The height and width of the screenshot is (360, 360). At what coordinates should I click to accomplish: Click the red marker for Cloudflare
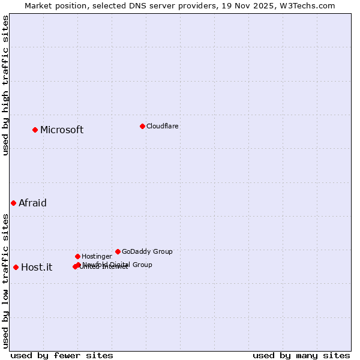142,126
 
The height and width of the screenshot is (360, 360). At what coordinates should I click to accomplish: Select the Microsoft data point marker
35,130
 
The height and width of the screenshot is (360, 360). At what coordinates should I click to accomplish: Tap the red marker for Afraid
13,203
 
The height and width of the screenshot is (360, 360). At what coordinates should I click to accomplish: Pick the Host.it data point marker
16,267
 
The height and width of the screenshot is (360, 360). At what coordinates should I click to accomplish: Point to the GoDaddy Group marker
118,251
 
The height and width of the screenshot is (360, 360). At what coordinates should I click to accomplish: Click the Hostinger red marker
77,256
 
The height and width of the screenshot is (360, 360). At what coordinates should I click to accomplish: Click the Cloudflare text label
163,126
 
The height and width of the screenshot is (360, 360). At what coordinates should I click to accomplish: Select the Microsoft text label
62,130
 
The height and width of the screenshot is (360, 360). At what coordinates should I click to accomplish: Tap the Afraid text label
32,203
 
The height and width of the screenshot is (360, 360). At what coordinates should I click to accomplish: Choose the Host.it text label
37,267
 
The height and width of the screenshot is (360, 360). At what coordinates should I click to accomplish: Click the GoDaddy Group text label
147,251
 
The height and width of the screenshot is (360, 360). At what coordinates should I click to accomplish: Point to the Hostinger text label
97,256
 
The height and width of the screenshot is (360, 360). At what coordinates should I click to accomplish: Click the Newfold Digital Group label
118,265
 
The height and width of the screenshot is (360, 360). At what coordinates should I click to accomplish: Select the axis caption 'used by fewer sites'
62,355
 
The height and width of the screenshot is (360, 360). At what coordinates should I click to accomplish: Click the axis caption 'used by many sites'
301,355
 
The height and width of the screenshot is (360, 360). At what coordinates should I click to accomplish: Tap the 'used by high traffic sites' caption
5,85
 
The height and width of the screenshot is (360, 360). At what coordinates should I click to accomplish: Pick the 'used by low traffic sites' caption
5,280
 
